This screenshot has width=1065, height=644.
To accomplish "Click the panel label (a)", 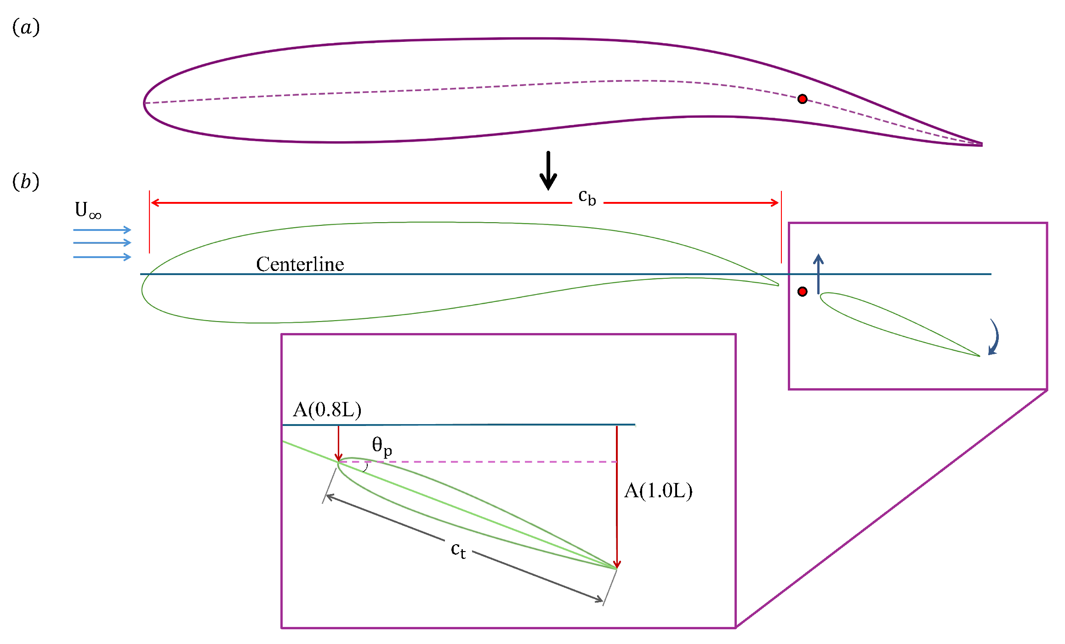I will tap(26, 28).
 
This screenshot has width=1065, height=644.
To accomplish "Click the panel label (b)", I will tap(26, 182).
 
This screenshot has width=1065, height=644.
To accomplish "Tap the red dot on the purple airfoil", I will tap(802, 99).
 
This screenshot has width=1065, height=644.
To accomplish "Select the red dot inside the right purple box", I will tap(802, 291).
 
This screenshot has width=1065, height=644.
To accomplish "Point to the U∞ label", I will tap(88, 211).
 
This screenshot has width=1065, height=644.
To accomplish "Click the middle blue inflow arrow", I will tap(102, 242).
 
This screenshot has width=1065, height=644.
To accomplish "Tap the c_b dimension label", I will tap(587, 198).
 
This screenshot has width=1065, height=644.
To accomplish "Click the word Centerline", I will tap(300, 264).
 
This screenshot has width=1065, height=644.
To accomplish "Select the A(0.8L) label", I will tap(327, 409).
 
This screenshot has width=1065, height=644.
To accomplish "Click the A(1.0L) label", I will tap(658, 491).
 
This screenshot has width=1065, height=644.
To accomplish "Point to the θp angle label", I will tap(382, 446).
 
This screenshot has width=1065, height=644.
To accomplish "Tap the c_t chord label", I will tap(458, 550).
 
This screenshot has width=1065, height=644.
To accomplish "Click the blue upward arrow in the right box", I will tap(818, 274).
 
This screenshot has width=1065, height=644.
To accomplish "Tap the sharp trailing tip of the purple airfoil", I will tap(981, 144).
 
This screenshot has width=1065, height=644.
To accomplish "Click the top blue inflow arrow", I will tap(102, 230).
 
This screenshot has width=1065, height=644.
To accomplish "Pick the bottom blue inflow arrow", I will tap(102, 257).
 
